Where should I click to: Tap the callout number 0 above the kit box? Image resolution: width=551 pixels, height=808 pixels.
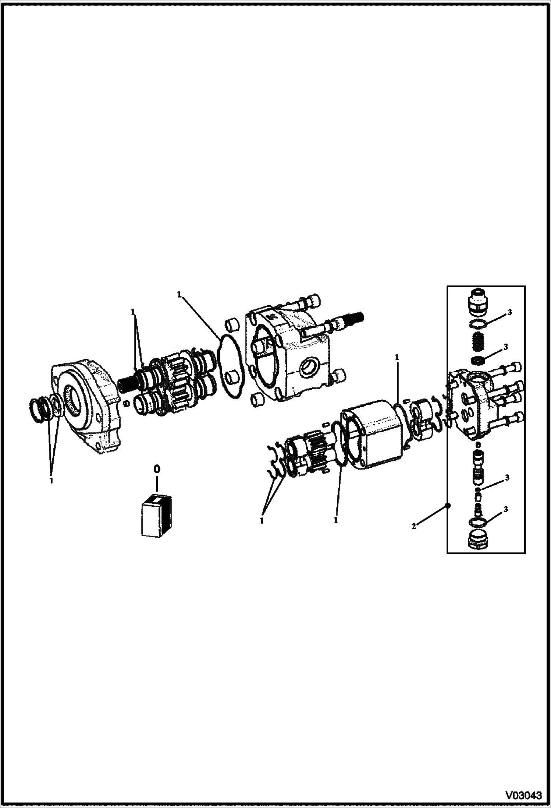[157, 469]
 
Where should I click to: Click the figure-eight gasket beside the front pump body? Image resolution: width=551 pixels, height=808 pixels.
[230, 368]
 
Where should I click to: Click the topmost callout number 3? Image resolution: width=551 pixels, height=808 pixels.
[509, 313]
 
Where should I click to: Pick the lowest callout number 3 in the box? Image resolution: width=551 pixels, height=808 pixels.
[506, 510]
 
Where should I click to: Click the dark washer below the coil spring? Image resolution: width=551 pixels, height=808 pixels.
[478, 359]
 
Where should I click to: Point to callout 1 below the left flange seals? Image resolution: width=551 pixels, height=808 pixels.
[51, 481]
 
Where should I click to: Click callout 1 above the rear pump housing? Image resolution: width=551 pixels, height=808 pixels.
[397, 358]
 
